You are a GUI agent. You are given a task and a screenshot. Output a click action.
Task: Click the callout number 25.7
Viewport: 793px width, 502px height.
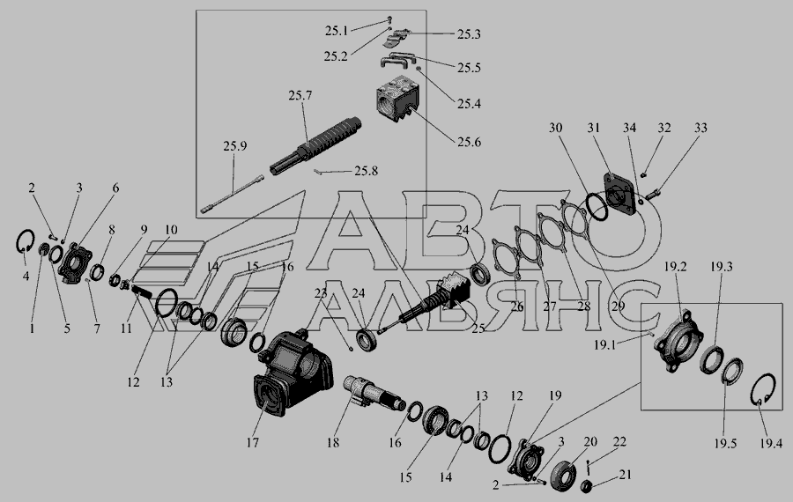(300, 95)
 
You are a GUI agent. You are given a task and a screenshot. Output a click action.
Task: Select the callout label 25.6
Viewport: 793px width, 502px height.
(469, 142)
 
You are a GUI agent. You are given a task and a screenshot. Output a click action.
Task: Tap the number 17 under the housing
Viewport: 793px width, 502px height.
(252, 443)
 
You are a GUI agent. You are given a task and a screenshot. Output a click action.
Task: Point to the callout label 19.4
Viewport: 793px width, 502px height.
(771, 443)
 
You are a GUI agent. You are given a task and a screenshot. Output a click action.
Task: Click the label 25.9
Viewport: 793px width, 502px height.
(235, 146)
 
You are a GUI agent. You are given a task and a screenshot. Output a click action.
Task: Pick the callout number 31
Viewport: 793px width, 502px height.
(593, 128)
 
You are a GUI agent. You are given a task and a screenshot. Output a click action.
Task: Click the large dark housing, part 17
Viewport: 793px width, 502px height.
(293, 374)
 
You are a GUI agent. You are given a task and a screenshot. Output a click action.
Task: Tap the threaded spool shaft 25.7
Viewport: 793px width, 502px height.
(316, 145)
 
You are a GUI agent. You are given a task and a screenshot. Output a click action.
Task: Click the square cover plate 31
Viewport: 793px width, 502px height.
(619, 192)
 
